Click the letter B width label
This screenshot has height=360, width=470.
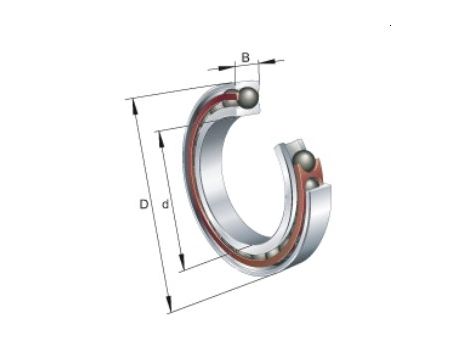[245, 57]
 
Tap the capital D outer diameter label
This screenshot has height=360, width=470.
[144, 204]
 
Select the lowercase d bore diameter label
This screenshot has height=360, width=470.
[165, 204]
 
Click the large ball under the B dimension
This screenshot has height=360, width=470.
[248, 97]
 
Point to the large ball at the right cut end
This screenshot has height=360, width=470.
[304, 162]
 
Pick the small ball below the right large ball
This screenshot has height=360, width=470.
[313, 185]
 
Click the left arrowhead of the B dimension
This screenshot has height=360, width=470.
[226, 68]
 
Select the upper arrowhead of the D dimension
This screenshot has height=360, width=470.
[135, 107]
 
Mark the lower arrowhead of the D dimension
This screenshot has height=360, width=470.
[169, 304]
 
